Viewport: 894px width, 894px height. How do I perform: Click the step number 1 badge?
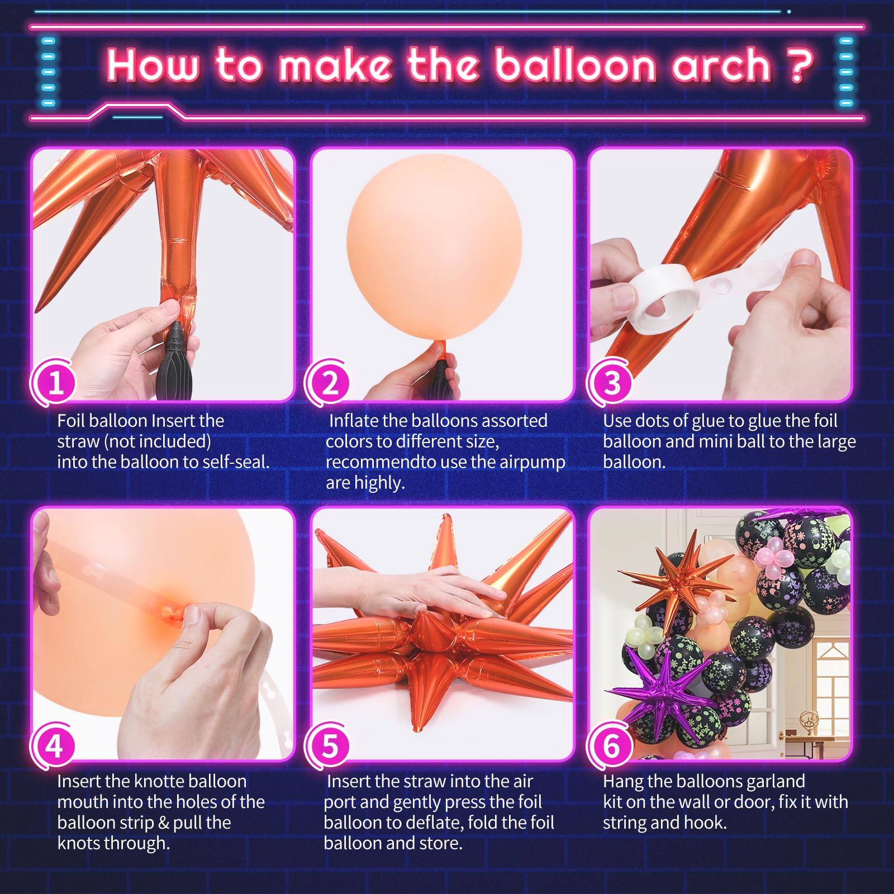tap(55, 383)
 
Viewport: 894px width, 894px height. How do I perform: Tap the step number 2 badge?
tap(330, 383)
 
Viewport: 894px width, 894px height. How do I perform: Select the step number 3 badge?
tap(611, 383)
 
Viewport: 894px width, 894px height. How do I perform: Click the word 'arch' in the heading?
tap(722, 65)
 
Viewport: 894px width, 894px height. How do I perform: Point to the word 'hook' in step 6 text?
tap(707, 822)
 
